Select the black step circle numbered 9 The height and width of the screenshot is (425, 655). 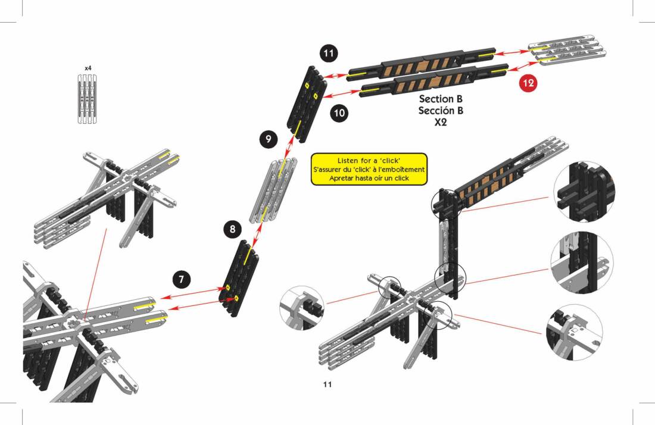coord(269,139)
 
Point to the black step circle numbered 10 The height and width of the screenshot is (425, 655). coord(338,112)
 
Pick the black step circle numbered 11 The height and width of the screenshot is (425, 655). coord(328,53)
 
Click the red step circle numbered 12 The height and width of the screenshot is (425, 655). coord(528,83)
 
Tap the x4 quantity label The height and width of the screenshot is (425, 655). coord(88,68)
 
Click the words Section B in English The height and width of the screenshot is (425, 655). coord(441,99)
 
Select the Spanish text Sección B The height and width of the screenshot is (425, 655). coord(441,111)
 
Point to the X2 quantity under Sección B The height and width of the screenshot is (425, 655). coord(441,123)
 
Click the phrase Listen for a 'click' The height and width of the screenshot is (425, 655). coord(369,161)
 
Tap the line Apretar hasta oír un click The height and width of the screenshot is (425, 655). coord(369,178)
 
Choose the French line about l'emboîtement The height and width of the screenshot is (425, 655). coord(369,170)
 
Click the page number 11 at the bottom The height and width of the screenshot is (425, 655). coord(327,384)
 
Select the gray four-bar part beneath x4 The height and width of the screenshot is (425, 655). coord(88,99)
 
